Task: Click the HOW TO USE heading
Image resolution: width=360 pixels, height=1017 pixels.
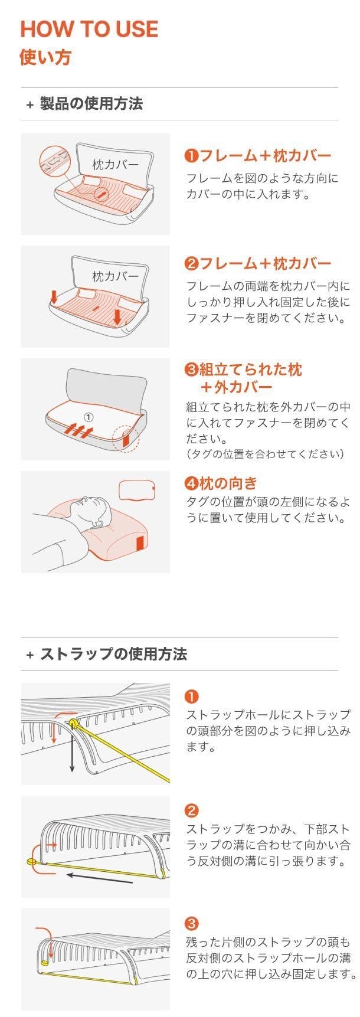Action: [89, 29]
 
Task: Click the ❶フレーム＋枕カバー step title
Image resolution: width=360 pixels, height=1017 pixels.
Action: [258, 156]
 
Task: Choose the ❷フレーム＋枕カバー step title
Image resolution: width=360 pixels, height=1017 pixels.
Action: [258, 263]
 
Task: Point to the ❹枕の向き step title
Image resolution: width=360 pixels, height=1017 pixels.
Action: [221, 483]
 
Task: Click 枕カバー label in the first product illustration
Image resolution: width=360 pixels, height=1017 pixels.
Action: [115, 164]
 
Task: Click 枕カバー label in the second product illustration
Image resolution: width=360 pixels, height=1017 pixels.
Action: [115, 276]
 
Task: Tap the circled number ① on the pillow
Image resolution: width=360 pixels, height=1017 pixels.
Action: [89, 417]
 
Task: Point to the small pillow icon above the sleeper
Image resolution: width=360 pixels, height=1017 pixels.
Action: [137, 490]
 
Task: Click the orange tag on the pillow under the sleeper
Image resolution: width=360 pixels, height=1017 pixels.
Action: [140, 547]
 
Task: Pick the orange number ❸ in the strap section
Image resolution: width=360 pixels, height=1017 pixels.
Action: [192, 924]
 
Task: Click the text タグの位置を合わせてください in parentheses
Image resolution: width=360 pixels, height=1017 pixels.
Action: [265, 454]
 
